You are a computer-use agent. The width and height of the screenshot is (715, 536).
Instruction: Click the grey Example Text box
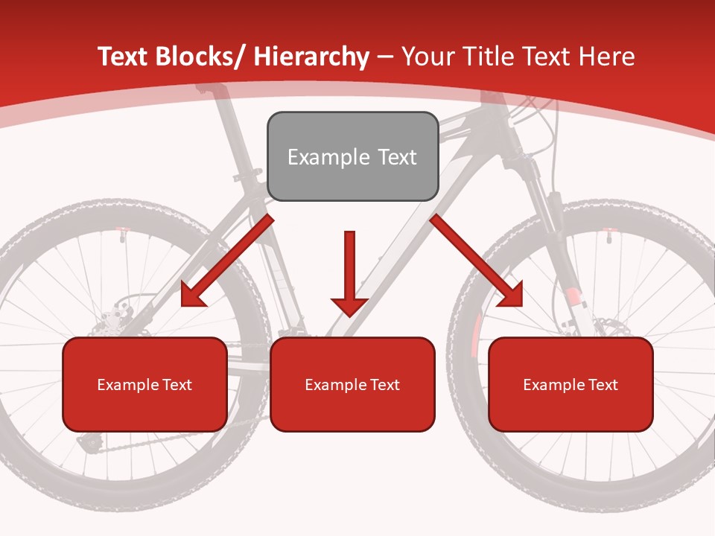pos(352,156)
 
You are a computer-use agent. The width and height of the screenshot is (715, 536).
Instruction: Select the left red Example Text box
pos(144,384)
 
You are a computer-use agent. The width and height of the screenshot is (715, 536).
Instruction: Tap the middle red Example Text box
pos(352,384)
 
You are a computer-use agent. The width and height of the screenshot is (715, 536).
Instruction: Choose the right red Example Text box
pos(571,384)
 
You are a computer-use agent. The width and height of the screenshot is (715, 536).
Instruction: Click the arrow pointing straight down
pos(349,275)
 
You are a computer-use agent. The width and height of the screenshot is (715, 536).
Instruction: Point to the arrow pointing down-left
pos(223,264)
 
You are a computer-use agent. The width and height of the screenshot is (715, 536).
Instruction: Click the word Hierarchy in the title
pos(311,57)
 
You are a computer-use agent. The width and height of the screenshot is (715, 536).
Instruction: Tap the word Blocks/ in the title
pos(198,57)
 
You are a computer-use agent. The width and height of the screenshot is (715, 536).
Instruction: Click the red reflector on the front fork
pos(573,298)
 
